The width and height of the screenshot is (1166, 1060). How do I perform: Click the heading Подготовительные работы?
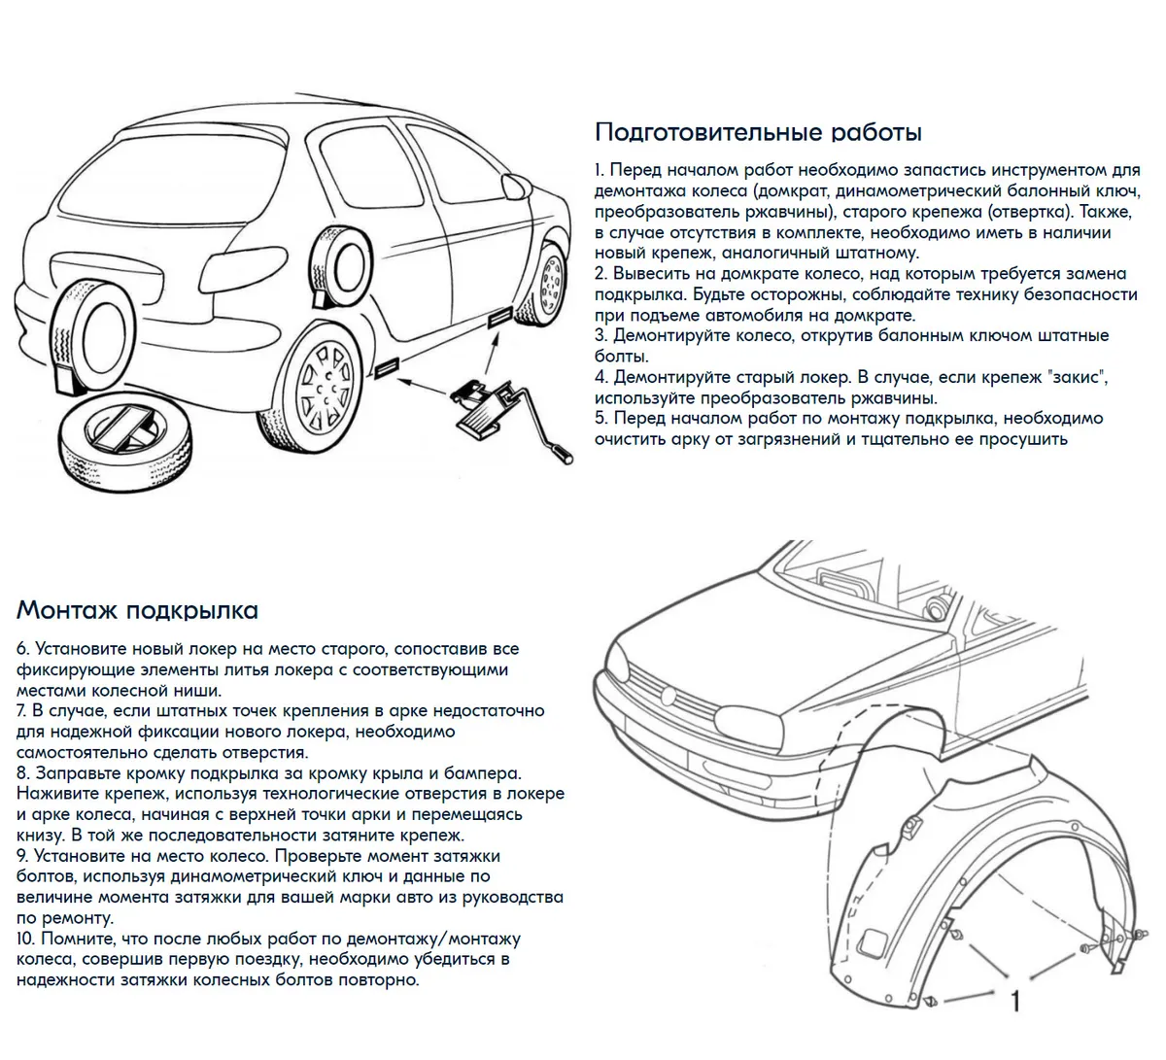[x=758, y=132]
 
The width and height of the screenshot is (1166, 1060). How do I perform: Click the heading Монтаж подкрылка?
[x=137, y=610]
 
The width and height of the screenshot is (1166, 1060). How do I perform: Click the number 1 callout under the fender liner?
[x=1015, y=1001]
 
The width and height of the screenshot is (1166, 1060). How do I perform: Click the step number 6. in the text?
[x=23, y=649]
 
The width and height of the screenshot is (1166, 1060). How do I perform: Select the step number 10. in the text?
[x=26, y=940]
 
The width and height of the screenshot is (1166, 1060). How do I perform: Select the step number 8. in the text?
[x=23, y=773]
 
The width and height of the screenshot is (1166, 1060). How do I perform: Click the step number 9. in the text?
[x=23, y=857]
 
